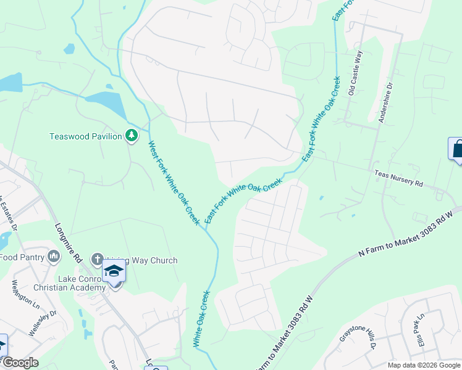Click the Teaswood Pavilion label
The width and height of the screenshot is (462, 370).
pyautogui.click(x=86, y=136)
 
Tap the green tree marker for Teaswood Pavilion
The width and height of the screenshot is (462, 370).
pyautogui.click(x=131, y=135)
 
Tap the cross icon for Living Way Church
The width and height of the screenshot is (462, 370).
pyautogui.click(x=96, y=258)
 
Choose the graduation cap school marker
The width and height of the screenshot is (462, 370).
pyautogui.click(x=114, y=271)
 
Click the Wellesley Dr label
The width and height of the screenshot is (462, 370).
pyautogui.click(x=41, y=321)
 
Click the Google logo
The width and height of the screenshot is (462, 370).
pyautogui.click(x=20, y=363)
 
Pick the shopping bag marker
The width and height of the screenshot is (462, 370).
pyautogui.click(x=457, y=149)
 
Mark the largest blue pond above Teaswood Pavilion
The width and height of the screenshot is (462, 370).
pyautogui.click(x=106, y=101)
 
